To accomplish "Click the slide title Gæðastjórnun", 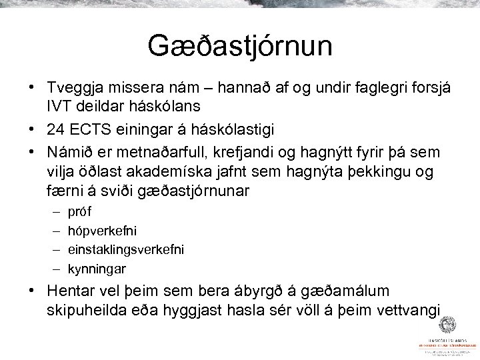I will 239,49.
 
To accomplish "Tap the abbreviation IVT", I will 59,105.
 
